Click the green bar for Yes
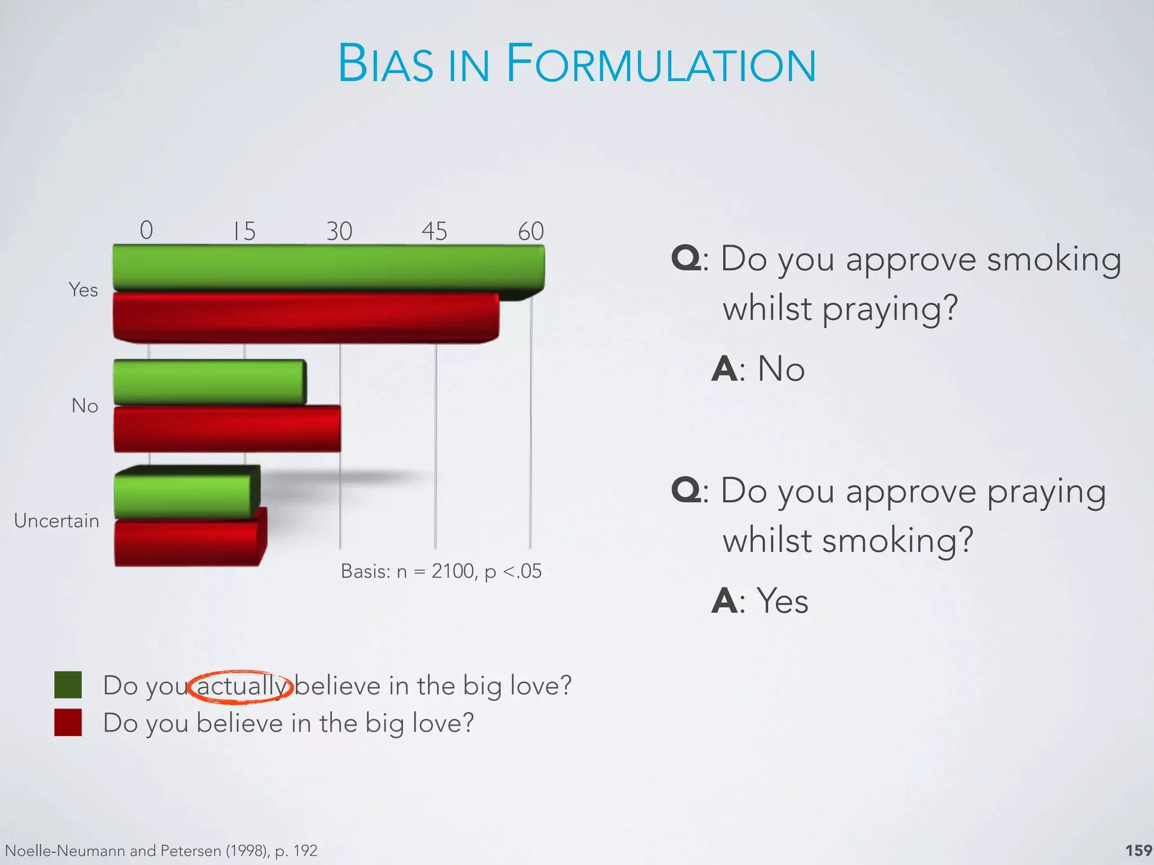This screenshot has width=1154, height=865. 329,267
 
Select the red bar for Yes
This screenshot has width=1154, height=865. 306,317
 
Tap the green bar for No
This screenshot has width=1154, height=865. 209,382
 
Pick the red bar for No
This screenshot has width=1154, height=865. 227,428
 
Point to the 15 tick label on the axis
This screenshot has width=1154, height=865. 245,231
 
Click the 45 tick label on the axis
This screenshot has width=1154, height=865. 434,231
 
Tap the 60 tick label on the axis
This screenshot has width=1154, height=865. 531,231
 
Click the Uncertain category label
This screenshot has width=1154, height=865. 56,520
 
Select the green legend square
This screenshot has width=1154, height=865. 68,685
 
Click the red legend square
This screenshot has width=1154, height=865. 68,722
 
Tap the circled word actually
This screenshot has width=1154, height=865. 241,686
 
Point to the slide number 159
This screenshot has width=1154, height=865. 1138,850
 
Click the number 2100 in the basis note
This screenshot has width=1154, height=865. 453,571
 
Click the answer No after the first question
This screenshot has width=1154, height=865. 781,369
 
